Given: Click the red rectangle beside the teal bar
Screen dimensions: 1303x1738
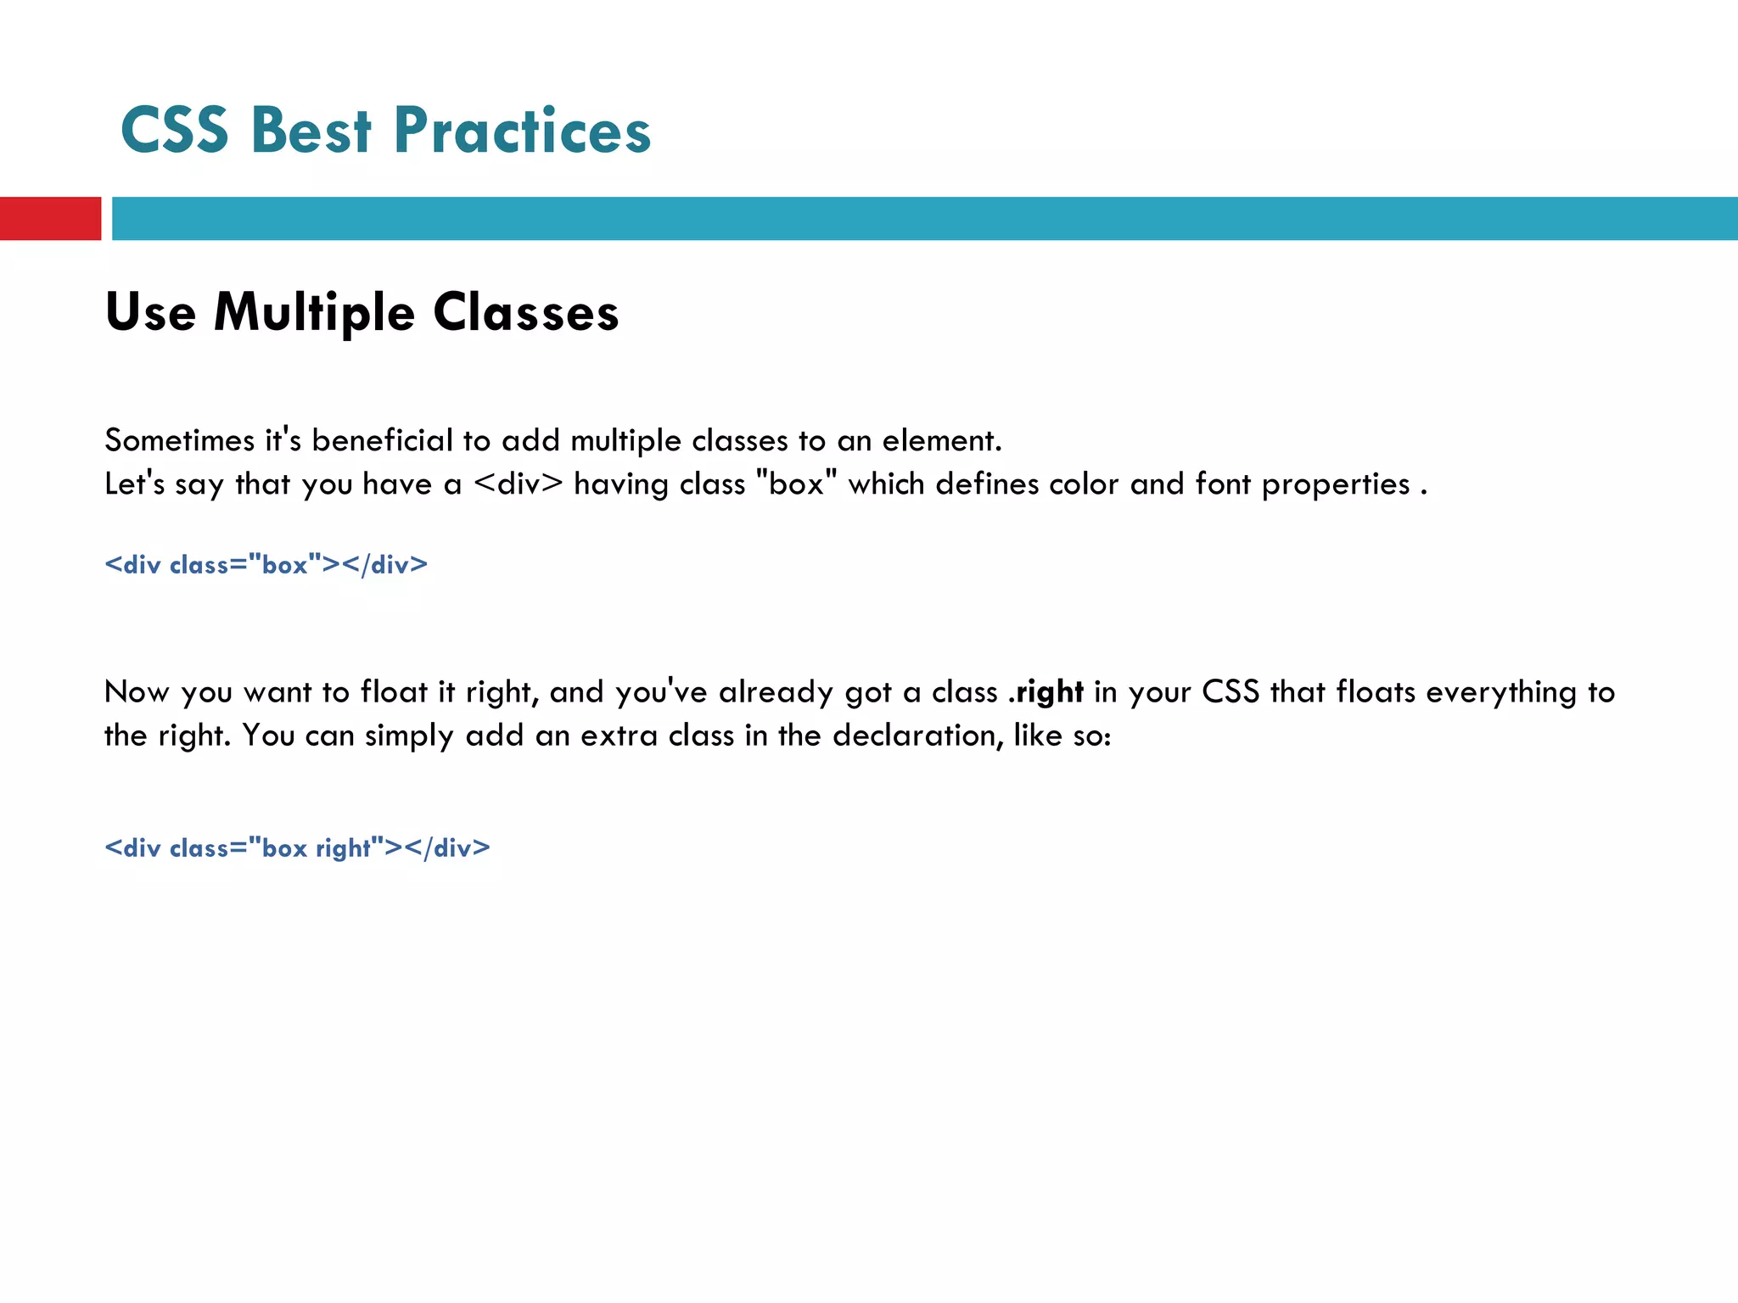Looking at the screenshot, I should [x=50, y=218].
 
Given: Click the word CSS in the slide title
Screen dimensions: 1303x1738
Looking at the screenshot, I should [x=175, y=131].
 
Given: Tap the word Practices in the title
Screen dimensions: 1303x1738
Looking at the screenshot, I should [x=522, y=131].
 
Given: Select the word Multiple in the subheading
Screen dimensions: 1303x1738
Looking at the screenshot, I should [x=314, y=313].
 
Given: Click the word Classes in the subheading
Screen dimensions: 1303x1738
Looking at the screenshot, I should [x=526, y=313].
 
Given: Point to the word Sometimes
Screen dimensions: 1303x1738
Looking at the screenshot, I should [x=179, y=440].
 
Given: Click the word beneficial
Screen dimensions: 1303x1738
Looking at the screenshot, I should [x=383, y=440].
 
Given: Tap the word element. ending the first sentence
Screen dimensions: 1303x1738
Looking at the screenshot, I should [x=942, y=440].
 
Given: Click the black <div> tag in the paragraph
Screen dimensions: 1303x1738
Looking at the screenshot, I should [x=518, y=484].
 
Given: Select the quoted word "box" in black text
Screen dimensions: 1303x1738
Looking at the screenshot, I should [x=796, y=484].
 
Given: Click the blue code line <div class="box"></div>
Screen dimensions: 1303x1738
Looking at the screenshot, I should [x=266, y=564].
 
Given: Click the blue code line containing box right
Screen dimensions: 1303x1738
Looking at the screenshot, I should [x=297, y=847].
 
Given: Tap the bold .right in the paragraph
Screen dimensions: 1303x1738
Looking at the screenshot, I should [x=1046, y=692].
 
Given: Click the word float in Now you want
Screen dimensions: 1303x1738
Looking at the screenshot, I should [x=394, y=692].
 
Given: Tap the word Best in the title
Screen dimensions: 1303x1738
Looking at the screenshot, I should [x=311, y=131].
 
